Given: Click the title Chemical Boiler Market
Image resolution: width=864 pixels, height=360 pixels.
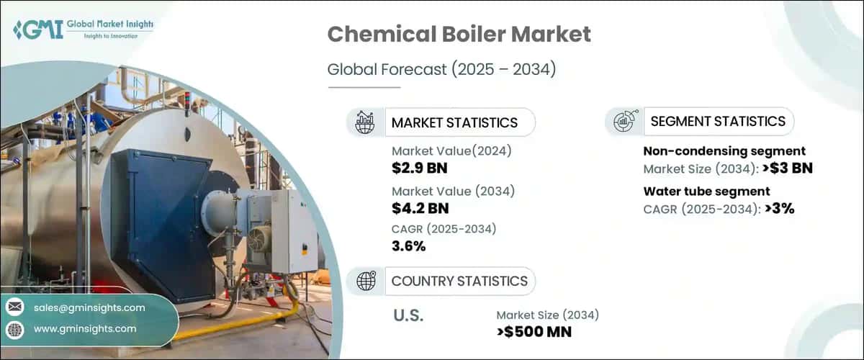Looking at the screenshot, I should coord(459,35).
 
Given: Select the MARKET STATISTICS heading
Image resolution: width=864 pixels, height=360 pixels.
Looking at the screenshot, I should coord(454,122).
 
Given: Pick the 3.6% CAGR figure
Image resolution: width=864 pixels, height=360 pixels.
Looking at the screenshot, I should coord(408,246).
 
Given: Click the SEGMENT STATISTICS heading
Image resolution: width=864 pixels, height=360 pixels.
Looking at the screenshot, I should coord(717,122).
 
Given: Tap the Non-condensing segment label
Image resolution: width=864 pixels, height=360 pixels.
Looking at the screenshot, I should coord(724,151).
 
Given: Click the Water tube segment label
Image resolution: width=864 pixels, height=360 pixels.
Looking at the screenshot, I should coord(706,191).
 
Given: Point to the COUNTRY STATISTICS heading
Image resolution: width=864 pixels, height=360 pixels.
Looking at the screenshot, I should coord(459,281).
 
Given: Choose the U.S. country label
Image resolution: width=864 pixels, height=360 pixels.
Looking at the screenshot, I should coord(408,315).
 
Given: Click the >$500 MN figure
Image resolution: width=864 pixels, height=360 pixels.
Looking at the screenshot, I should coord(534,332).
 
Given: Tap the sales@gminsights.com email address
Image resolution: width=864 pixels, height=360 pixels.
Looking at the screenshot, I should coord(89,307).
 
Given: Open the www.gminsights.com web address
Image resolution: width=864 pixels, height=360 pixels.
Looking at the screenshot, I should coord(84,328).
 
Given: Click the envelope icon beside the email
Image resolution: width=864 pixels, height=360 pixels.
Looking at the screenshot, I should coord(14,307).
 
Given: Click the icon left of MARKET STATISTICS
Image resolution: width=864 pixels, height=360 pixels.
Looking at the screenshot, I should coord(366,122).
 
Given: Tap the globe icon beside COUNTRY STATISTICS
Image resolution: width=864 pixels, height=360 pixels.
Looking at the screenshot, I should coord(366,281).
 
